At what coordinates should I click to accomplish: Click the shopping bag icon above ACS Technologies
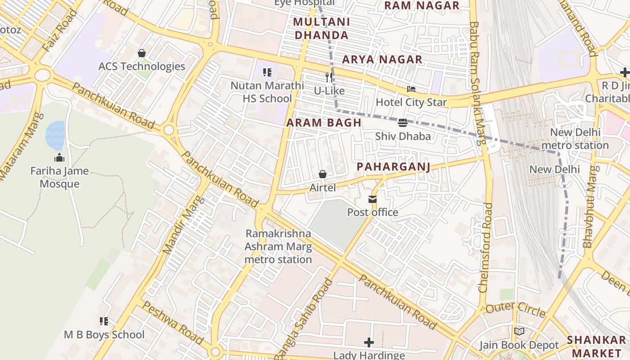tap(142, 53)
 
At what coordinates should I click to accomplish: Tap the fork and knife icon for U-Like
tap(329, 77)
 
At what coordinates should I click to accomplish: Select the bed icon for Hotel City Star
tap(411, 89)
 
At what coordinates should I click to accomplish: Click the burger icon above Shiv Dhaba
tap(403, 123)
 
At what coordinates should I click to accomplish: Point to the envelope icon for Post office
tap(373, 199)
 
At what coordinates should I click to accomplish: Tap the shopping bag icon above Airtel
tap(323, 174)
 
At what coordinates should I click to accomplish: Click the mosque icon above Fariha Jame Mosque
tap(59, 157)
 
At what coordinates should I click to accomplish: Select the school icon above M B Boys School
tap(104, 321)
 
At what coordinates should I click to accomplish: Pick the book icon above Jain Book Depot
tap(519, 332)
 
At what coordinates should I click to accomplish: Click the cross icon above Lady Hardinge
tap(369, 342)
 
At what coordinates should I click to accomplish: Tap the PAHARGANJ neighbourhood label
tap(393, 167)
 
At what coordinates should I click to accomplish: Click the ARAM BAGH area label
tap(324, 123)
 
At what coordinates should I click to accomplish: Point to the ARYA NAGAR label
tap(382, 59)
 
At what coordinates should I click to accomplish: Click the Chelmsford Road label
tap(486, 247)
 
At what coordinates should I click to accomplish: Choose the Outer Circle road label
tap(515, 310)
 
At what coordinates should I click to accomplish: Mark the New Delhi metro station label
tap(575, 139)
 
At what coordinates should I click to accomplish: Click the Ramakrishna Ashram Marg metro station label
tap(278, 247)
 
